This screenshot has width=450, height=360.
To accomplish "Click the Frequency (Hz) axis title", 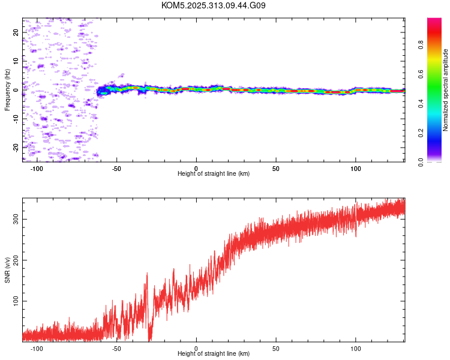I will pos(8,90).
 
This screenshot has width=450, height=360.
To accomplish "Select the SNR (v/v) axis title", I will pos(8,270).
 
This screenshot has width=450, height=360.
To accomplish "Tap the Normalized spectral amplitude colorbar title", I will pos(446,90).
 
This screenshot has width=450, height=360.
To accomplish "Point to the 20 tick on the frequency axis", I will pos(16,32).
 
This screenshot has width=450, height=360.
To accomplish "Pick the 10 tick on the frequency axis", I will pos(16,61).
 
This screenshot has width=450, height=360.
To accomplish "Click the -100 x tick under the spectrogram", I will pos(37,168).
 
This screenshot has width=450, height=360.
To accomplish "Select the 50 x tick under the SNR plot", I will pos(276,348).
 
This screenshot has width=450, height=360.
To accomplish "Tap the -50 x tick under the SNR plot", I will pos(116,348).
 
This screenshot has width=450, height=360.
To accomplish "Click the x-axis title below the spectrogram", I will pos(214,174).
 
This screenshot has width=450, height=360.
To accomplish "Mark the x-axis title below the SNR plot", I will pos(214,354).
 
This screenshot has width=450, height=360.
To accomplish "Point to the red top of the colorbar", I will pos(434,22).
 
